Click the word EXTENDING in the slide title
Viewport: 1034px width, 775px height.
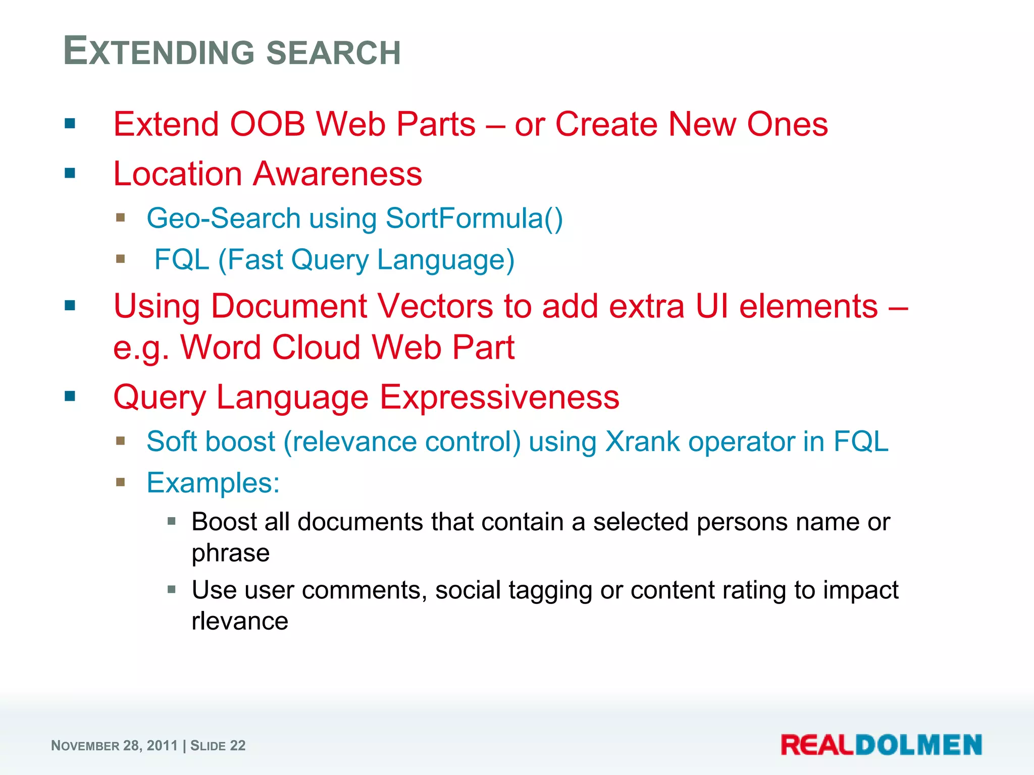coord(161,52)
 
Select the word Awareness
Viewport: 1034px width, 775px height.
coord(337,174)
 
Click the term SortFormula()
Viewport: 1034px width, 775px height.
coord(474,218)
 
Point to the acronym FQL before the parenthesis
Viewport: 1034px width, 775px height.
coord(182,260)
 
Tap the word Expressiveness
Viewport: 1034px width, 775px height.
coord(499,397)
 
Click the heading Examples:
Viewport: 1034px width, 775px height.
coord(213,483)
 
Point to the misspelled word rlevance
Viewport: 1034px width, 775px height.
coord(240,621)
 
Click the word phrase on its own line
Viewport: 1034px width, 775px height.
coord(231,553)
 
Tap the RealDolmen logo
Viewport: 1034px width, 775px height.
coord(881,745)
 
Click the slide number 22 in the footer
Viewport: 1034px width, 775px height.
coord(238,746)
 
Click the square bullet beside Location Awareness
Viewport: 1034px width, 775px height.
coord(70,174)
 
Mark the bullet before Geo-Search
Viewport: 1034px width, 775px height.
coord(120,218)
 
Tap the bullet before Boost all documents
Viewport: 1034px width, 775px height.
coord(172,521)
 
